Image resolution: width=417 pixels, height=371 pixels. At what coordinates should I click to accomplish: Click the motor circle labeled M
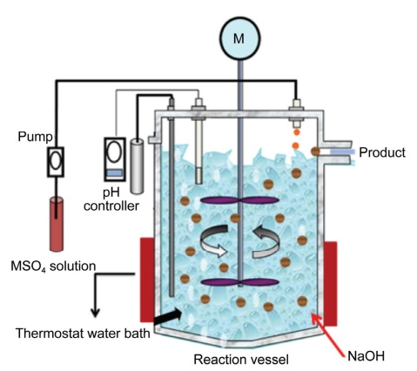pyautogui.click(x=239, y=38)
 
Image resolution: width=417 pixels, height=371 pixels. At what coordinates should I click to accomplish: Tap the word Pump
pyautogui.click(x=35, y=137)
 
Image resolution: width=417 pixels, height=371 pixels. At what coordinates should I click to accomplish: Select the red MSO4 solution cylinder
pyautogui.click(x=57, y=224)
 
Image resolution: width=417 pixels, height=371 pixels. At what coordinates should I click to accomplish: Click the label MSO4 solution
pyautogui.click(x=53, y=266)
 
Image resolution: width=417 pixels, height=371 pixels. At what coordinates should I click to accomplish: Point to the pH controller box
pyautogui.click(x=115, y=159)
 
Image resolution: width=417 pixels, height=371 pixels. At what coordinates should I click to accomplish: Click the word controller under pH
pyautogui.click(x=111, y=206)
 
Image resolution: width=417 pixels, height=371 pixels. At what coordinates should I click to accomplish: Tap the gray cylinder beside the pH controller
pyautogui.click(x=137, y=166)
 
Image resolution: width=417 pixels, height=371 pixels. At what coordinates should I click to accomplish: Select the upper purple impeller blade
pyautogui.click(x=239, y=200)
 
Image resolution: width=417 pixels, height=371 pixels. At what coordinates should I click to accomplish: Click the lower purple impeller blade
pyautogui.click(x=239, y=282)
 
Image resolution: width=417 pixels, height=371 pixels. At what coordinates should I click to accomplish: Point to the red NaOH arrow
pyautogui.click(x=328, y=334)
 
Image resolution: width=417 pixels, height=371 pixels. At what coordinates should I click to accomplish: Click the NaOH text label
pyautogui.click(x=367, y=356)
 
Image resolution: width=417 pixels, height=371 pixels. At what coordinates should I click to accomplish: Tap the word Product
pyautogui.click(x=382, y=152)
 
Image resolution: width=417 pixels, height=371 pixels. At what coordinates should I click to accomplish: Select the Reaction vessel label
pyautogui.click(x=241, y=360)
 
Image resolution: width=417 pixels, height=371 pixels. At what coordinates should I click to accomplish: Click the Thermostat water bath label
pyautogui.click(x=83, y=334)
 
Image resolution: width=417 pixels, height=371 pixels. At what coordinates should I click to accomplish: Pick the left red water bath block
pyautogui.click(x=147, y=280)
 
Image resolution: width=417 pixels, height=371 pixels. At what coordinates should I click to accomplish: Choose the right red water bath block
pyautogui.click(x=331, y=283)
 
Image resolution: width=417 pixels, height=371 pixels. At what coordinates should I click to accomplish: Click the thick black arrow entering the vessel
pyautogui.click(x=168, y=317)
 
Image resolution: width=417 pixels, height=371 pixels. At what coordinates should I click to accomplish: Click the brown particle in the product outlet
pyautogui.click(x=315, y=152)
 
